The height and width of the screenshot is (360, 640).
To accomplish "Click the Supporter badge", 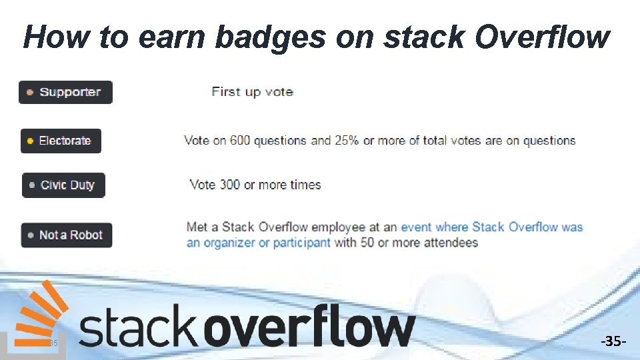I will click(x=65, y=92).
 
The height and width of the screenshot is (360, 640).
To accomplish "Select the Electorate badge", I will click(x=61, y=141).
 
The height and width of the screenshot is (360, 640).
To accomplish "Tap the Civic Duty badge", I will click(x=63, y=185).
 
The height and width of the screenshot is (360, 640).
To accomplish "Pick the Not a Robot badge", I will click(x=66, y=235).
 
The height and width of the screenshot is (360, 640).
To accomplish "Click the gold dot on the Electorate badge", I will click(x=30, y=141).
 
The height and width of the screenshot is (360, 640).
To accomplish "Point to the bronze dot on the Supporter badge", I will click(x=30, y=93).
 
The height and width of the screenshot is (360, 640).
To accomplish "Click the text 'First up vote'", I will click(x=252, y=92).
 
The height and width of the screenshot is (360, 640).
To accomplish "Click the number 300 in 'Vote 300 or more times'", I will click(x=230, y=185).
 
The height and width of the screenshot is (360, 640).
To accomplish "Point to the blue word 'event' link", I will click(x=417, y=227).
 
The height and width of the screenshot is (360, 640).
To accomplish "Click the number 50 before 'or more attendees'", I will click(x=367, y=242).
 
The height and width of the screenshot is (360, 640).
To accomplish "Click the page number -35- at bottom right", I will click(x=613, y=342).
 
